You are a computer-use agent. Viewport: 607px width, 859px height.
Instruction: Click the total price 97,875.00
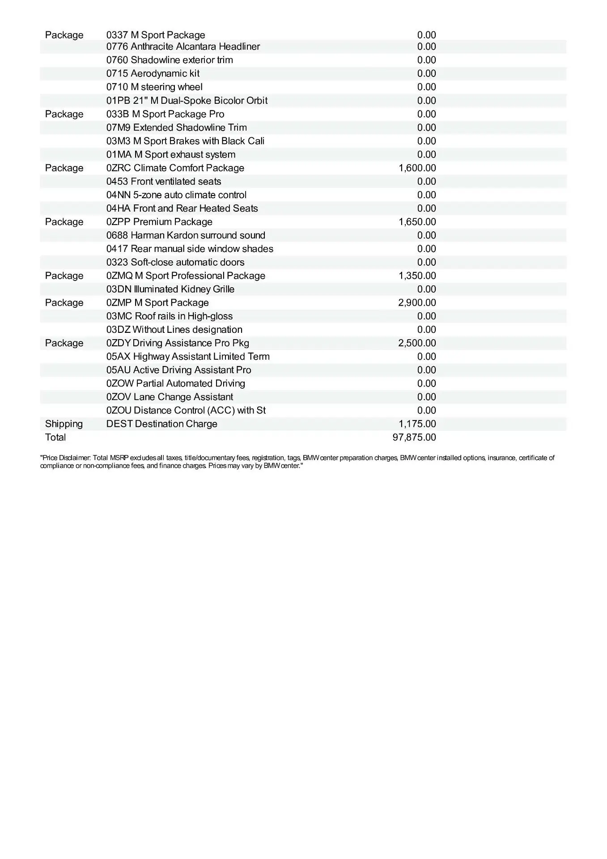[x=414, y=437]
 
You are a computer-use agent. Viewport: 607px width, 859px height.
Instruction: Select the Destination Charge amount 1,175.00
[x=417, y=424]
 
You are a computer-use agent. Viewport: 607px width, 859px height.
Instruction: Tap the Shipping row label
[x=64, y=424]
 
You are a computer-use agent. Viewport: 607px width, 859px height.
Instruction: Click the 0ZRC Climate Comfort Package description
[x=175, y=168]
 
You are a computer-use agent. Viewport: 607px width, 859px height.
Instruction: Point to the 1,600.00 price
[x=417, y=168]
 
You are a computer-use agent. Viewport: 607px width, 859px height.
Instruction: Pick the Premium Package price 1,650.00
[x=417, y=221]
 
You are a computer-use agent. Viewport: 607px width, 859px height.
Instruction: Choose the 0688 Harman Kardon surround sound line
[x=186, y=235]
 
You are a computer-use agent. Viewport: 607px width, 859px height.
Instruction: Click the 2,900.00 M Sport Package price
[x=417, y=302]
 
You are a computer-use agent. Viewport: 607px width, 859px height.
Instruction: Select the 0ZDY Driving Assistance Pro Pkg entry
[x=178, y=343]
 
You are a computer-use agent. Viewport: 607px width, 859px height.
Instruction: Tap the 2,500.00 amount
[x=417, y=343]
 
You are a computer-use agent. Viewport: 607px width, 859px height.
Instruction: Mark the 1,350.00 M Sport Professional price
[x=417, y=276]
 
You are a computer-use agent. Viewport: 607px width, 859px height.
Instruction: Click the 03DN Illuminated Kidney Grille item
[x=170, y=289]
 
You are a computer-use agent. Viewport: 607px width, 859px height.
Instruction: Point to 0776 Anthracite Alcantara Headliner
[x=183, y=47]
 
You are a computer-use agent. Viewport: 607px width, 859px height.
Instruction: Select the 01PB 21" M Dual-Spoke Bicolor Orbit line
[x=187, y=100]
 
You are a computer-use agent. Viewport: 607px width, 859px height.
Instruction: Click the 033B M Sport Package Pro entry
[x=165, y=114]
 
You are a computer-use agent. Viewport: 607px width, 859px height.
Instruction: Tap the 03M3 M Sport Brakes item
[x=185, y=141]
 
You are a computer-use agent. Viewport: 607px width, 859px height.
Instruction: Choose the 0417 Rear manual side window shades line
[x=190, y=248]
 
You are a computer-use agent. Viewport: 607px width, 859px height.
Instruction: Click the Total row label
[x=55, y=437]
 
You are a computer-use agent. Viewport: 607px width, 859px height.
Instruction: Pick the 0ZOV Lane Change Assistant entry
[x=170, y=397]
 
